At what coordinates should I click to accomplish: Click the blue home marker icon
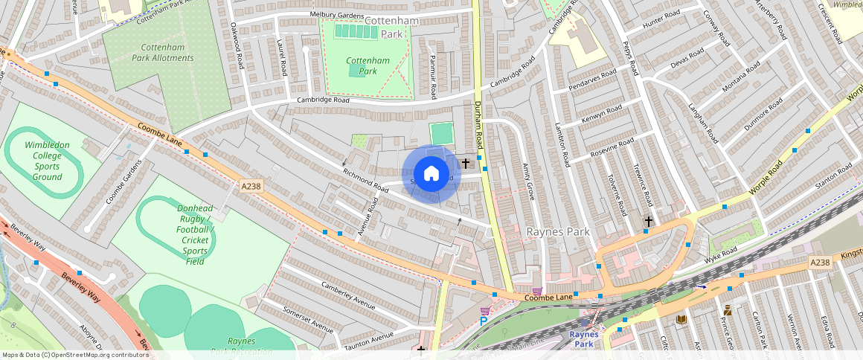point(431,174)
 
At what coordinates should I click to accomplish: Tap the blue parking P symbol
point(483,321)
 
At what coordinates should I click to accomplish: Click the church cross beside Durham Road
point(466,163)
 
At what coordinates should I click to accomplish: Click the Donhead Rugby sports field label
point(185,234)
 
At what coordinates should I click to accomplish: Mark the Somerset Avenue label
point(308,318)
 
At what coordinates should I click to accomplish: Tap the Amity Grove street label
point(529,181)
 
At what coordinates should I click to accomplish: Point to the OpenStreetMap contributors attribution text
point(75,355)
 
